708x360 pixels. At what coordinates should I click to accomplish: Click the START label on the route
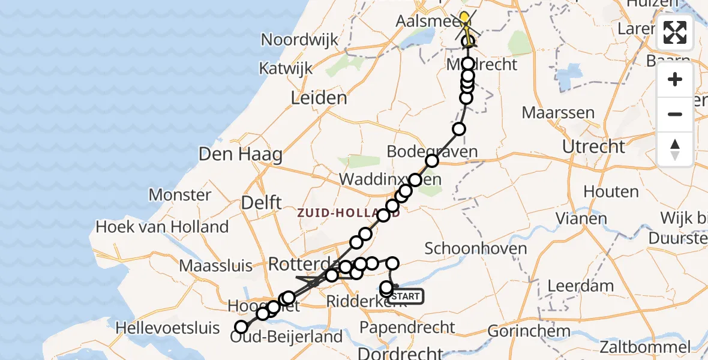pos(407,296)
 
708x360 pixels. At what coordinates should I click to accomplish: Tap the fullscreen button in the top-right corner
pos(675,32)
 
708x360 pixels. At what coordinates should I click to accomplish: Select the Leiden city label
pos(319,98)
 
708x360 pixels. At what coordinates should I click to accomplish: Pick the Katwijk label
pos(286,68)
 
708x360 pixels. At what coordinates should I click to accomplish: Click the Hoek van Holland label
pos(162,227)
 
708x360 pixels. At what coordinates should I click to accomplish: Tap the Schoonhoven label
pos(476,248)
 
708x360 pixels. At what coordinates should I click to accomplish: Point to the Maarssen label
pos(558,112)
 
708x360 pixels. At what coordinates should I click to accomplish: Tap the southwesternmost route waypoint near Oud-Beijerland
pos(241,327)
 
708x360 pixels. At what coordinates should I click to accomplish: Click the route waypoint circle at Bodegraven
pos(432,160)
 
